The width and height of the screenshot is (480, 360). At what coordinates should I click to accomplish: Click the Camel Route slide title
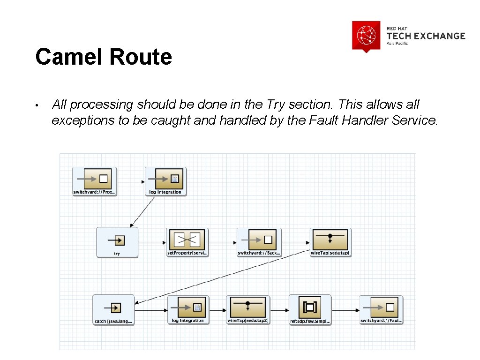[x=104, y=57]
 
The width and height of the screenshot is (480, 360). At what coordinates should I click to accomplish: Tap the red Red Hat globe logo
[x=366, y=35]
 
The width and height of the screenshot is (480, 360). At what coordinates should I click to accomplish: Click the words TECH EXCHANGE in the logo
[x=426, y=36]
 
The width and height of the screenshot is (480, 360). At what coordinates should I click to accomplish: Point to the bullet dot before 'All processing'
[x=42, y=105]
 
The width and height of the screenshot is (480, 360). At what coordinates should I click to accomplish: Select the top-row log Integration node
[x=165, y=180]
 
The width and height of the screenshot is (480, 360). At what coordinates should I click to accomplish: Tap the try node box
[x=117, y=242]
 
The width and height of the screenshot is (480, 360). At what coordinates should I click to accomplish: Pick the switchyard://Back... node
[x=259, y=242]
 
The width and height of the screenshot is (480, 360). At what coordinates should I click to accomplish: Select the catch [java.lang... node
[x=113, y=309]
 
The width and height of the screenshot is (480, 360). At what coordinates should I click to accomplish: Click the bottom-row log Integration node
[x=187, y=309]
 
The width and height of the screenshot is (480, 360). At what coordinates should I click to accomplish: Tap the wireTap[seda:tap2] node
[x=247, y=309]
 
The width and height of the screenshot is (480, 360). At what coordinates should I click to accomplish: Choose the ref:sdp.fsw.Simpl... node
[x=310, y=309]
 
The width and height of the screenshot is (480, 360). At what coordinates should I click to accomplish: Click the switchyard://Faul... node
[x=381, y=309]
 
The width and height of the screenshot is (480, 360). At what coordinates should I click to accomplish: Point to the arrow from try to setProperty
[x=152, y=243]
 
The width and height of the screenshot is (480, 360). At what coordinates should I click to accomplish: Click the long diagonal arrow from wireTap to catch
[x=225, y=277]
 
